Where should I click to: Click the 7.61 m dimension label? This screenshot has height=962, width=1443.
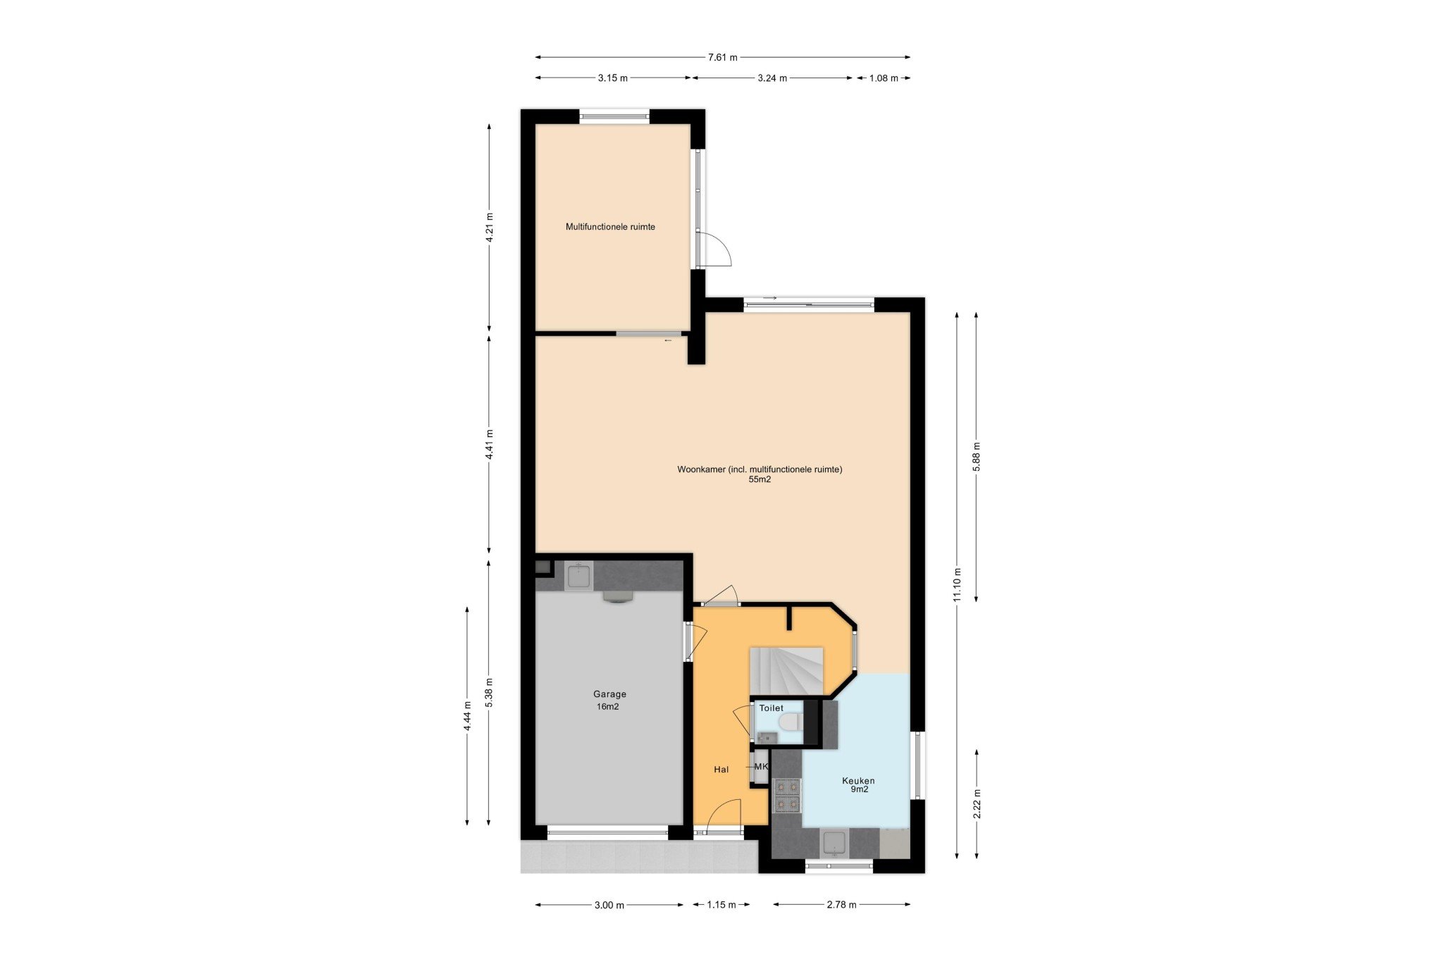(x=722, y=57)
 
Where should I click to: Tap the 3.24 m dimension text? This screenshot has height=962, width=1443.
(x=772, y=78)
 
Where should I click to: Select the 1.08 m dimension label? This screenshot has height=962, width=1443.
(x=884, y=78)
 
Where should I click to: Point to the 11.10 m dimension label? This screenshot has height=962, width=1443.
(x=956, y=585)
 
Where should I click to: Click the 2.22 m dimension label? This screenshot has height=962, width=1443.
(x=977, y=804)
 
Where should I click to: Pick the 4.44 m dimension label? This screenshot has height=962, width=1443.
(x=467, y=716)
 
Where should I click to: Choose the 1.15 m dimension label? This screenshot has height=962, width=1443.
(x=721, y=905)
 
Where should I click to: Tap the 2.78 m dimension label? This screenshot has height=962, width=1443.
(x=842, y=905)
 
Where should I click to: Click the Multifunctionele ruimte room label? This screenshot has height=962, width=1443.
(x=610, y=227)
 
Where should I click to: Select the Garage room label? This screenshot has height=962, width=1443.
(x=609, y=694)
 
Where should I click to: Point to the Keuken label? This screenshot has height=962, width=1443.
(x=858, y=780)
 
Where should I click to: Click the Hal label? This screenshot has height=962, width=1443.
(x=721, y=770)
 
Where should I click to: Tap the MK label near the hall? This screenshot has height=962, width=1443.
(x=761, y=767)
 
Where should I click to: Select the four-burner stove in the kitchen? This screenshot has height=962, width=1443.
(x=787, y=796)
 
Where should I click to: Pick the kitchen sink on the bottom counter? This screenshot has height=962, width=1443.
(x=834, y=842)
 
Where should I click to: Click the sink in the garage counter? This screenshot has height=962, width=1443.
(x=579, y=576)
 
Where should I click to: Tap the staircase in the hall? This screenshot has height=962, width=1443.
(x=786, y=671)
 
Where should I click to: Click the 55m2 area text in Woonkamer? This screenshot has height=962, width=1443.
(x=760, y=480)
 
